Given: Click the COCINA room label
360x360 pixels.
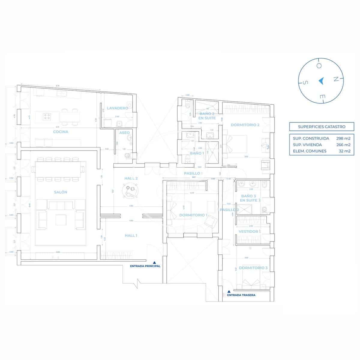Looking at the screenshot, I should (x=61, y=132).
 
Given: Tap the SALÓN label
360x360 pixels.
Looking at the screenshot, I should (x=61, y=192).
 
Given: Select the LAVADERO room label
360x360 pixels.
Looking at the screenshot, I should (x=117, y=108).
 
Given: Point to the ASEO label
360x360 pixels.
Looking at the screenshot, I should (x=124, y=133).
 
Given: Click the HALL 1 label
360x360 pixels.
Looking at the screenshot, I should (x=131, y=235).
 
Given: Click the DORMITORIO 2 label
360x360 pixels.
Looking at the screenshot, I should (x=245, y=125).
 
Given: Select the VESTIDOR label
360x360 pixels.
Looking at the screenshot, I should (x=248, y=232).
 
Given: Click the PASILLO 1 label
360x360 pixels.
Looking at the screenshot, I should (x=193, y=173).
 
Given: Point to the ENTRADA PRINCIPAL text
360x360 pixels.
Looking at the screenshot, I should (x=145, y=266).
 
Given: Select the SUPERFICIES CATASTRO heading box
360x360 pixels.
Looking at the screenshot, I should (x=322, y=127).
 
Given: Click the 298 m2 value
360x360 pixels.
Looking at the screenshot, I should (x=343, y=139).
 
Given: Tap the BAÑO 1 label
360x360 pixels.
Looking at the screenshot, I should (x=197, y=153).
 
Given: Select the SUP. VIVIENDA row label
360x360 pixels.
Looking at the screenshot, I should (x=307, y=145).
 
